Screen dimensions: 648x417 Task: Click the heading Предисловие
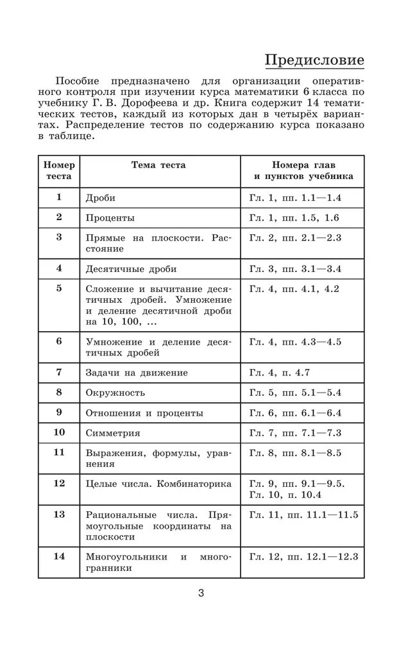(x=314, y=60)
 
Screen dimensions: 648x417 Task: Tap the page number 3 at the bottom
(x=201, y=593)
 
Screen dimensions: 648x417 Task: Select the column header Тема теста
(x=158, y=165)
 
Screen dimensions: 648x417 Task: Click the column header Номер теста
(x=59, y=171)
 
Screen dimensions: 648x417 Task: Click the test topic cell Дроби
(x=101, y=198)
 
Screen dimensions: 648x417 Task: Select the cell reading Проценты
(x=110, y=218)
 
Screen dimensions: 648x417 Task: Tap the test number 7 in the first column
(x=59, y=372)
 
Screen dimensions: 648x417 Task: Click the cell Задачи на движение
(x=137, y=373)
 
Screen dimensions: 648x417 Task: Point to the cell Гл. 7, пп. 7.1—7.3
(x=295, y=433)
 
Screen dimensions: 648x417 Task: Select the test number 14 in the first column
(x=59, y=556)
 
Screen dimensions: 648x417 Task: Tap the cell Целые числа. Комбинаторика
(x=158, y=484)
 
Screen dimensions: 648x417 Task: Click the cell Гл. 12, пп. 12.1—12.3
(x=303, y=556)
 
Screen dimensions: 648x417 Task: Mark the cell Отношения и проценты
(x=144, y=413)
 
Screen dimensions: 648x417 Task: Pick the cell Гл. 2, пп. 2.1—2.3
(x=295, y=238)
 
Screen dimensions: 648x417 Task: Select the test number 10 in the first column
(x=59, y=432)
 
